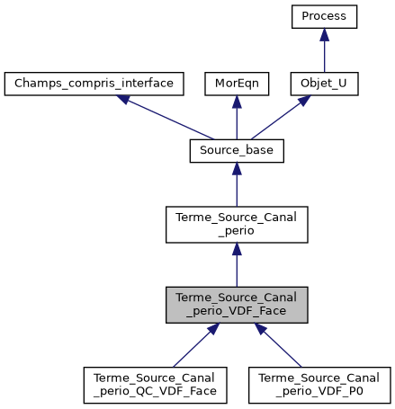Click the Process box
(324, 16)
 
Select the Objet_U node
(324, 84)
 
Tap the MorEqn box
(236, 84)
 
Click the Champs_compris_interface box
(94, 84)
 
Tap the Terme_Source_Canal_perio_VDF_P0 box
(320, 385)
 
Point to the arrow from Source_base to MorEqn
(236, 120)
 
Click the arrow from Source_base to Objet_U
(280, 118)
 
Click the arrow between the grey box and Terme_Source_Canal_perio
(236, 266)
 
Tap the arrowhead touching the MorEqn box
(236, 102)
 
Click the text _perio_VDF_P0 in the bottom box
(320, 392)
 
